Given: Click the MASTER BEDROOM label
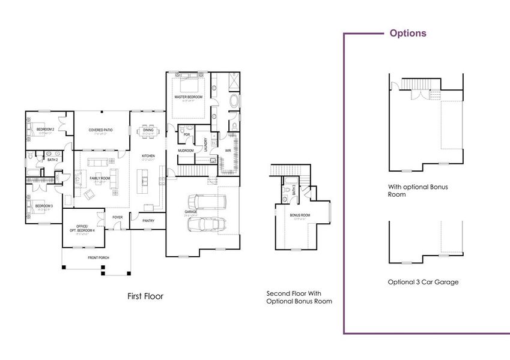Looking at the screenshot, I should click(x=188, y=97).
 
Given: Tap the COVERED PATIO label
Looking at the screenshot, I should click(x=101, y=130).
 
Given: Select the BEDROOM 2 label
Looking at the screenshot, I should click(x=45, y=130).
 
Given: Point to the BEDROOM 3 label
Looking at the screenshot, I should click(x=44, y=206).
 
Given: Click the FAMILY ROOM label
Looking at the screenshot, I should click(x=100, y=178).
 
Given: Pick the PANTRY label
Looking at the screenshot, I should click(x=149, y=220).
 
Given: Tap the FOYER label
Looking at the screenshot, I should click(x=117, y=217).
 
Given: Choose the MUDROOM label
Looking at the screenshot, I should click(x=186, y=151).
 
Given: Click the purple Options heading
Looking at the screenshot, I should click(x=408, y=33).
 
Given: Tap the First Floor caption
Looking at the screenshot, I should click(x=145, y=296).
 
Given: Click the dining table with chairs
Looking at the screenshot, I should click(x=148, y=131).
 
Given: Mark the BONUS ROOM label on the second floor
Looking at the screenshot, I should click(x=300, y=214).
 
